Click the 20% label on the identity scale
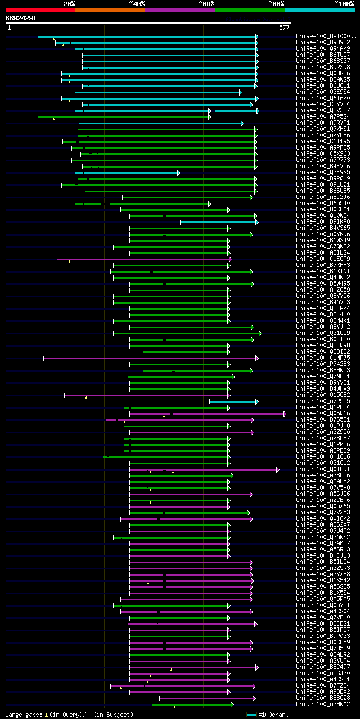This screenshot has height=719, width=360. point(69,4)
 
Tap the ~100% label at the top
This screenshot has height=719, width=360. point(344,4)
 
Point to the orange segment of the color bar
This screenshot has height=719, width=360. point(110,10)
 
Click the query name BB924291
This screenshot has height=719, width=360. point(21,18)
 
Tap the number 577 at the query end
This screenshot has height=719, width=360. point(284,27)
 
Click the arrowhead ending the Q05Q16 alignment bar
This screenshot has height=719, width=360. point(285,414)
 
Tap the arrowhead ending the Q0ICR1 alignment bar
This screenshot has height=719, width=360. point(277,469)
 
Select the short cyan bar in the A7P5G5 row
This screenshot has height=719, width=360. point(233,401)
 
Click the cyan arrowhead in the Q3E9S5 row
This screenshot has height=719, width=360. point(178,173)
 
